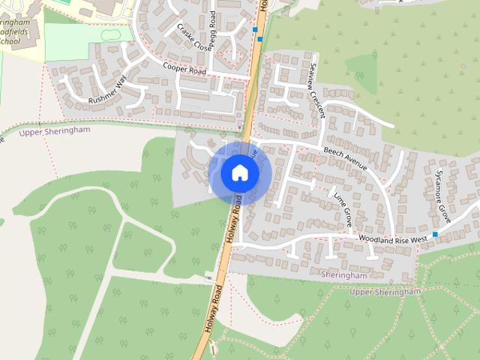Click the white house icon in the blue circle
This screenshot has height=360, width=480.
coord(239,173)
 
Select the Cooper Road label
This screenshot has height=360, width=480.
coord(184,67)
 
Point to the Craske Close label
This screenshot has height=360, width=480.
coord(194,36)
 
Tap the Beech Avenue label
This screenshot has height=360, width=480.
coord(345,157)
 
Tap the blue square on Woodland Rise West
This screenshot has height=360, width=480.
coord(435,235)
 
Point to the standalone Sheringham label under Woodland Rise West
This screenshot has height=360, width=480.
coord(343,275)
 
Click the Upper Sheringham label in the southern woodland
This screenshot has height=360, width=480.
coord(385,292)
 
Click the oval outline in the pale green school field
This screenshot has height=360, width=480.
coord(108,34)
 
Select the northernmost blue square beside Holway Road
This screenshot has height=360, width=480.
coord(255,30)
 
